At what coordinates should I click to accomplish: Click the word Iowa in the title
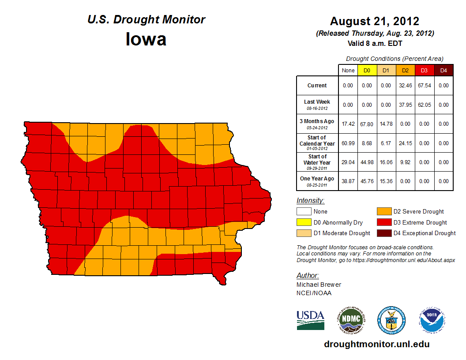pos(146,39)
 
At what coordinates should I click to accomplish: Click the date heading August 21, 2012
pos(375,21)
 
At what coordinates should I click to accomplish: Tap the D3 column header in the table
pos(424,70)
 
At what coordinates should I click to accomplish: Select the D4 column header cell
pos(443,70)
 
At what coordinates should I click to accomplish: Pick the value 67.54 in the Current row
pos(424,86)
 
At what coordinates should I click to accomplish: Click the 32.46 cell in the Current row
pos(405,86)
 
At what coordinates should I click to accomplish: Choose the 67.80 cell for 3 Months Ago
pos(367,124)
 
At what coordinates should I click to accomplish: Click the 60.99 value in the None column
pos(348,143)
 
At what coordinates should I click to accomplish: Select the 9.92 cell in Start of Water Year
pos(405,162)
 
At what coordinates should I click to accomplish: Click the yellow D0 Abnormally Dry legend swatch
pos(304,222)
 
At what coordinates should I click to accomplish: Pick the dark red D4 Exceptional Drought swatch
pos(383,233)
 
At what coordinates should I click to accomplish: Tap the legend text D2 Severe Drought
pos(418,212)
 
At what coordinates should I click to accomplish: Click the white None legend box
pos(304,212)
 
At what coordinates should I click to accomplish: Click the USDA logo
pos(310,320)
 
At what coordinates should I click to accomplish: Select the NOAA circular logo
pos(432,320)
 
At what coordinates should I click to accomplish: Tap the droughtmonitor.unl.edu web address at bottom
pos(376,344)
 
